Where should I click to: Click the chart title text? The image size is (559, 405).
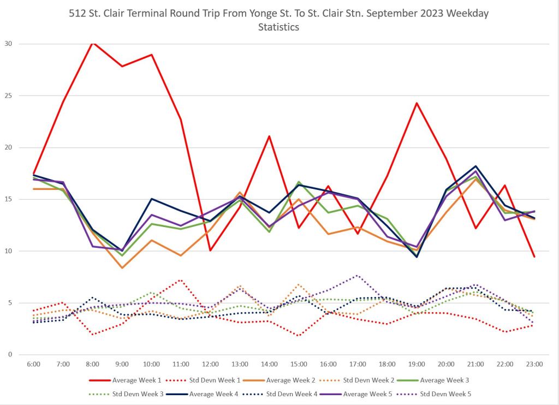pyautogui.click(x=278, y=20)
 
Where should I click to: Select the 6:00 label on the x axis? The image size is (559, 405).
pyautogui.click(x=34, y=364)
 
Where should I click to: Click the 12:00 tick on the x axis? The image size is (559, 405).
pyautogui.click(x=210, y=364)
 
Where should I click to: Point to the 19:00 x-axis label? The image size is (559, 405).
pyautogui.click(x=417, y=364)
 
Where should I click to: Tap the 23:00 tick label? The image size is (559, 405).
pyautogui.click(x=534, y=364)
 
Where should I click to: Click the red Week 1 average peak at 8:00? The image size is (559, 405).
pyautogui.click(x=93, y=43)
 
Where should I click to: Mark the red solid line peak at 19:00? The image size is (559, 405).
pyautogui.click(x=417, y=103)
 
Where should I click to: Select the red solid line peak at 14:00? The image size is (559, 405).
pyautogui.click(x=269, y=136)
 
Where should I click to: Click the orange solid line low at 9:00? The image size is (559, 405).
pyautogui.click(x=122, y=268)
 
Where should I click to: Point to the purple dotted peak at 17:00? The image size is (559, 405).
pyautogui.click(x=357, y=276)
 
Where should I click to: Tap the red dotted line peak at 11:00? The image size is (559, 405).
pyautogui.click(x=181, y=280)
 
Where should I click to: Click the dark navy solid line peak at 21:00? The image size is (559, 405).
pyautogui.click(x=475, y=166)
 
